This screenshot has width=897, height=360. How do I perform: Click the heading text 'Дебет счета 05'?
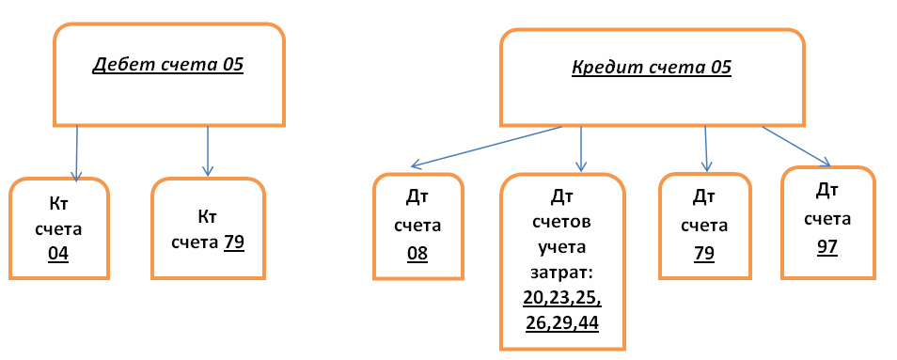167,66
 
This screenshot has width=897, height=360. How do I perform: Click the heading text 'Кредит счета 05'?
652,68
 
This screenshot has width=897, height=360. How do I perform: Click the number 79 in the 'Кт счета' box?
234,242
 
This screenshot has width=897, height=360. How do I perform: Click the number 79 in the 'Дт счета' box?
704,253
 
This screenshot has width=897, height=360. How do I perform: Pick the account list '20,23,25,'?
562,299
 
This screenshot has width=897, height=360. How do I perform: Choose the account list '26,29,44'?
562,322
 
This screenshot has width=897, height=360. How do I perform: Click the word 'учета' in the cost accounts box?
562,249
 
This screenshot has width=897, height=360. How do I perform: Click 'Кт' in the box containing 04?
58,203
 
